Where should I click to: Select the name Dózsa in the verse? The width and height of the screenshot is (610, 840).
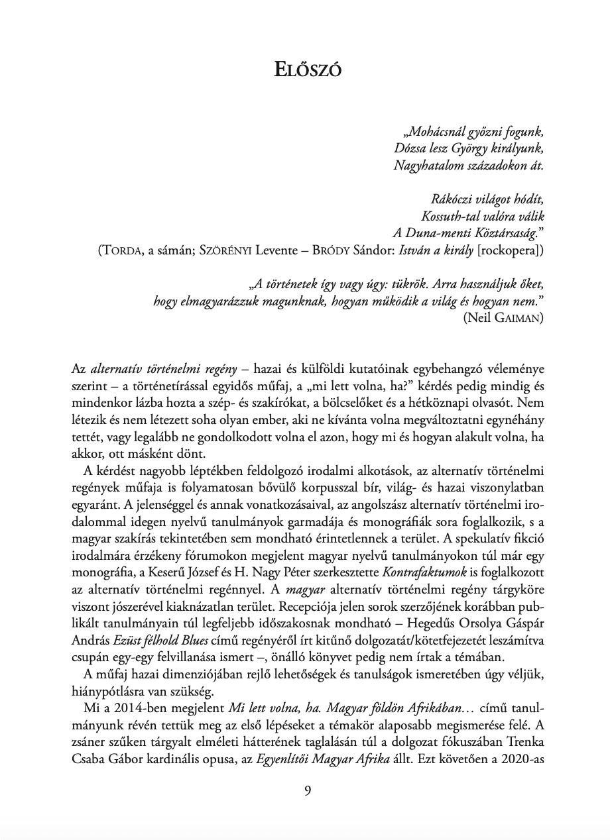point(410,148)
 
